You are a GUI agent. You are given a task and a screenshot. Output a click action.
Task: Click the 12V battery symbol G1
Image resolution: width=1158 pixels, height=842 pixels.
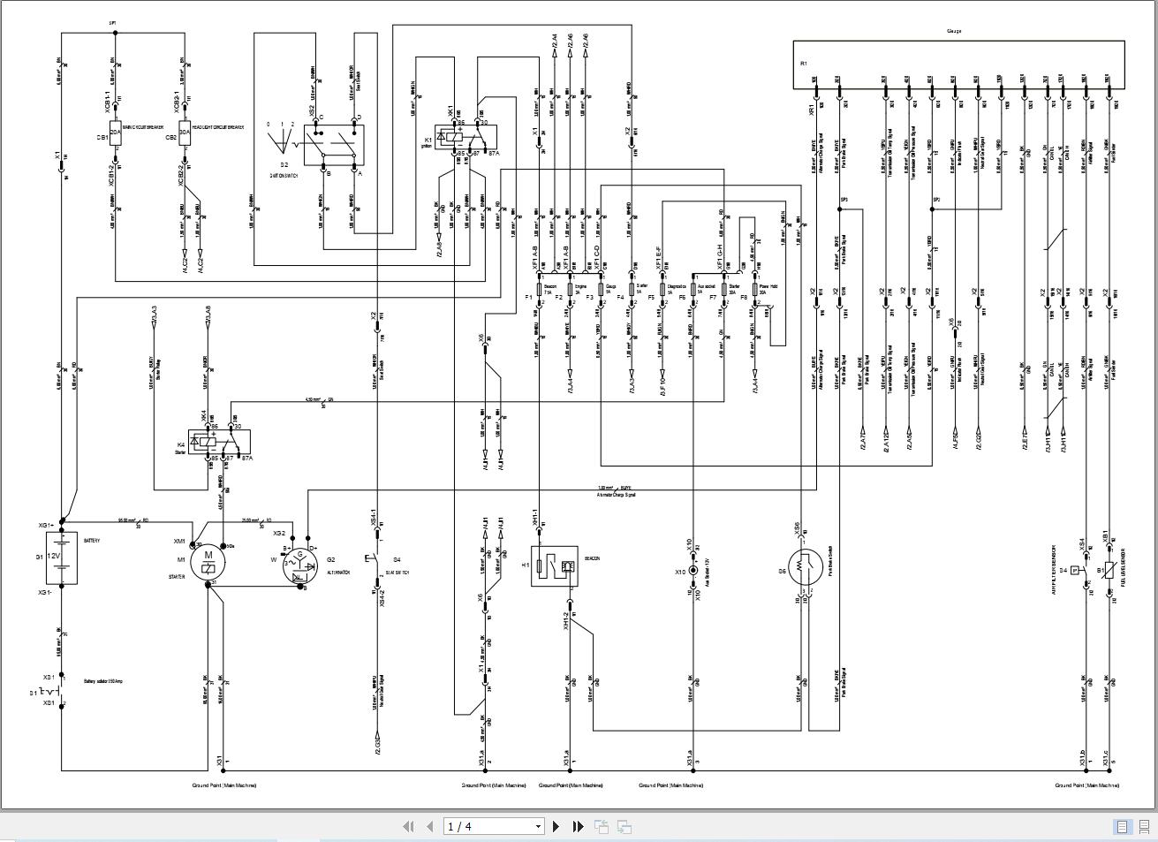pyautogui.click(x=60, y=558)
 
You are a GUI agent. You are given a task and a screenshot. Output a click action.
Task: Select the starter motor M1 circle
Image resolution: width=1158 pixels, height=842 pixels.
pyautogui.click(x=208, y=561)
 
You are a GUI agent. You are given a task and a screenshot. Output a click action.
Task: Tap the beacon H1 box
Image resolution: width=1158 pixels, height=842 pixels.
pyautogui.click(x=554, y=565)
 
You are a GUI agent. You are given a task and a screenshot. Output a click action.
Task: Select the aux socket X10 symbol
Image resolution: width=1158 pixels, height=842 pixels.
pyautogui.click(x=693, y=572)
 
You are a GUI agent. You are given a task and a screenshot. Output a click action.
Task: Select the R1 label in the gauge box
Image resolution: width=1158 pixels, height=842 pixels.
pyautogui.click(x=804, y=64)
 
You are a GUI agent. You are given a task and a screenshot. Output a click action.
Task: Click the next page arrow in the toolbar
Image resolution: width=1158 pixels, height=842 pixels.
pyautogui.click(x=556, y=827)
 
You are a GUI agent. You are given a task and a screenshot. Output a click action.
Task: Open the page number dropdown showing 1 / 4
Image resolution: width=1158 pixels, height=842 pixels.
pyautogui.click(x=494, y=827)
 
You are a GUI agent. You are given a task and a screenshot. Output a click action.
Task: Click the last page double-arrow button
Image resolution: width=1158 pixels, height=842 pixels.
pyautogui.click(x=578, y=827)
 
